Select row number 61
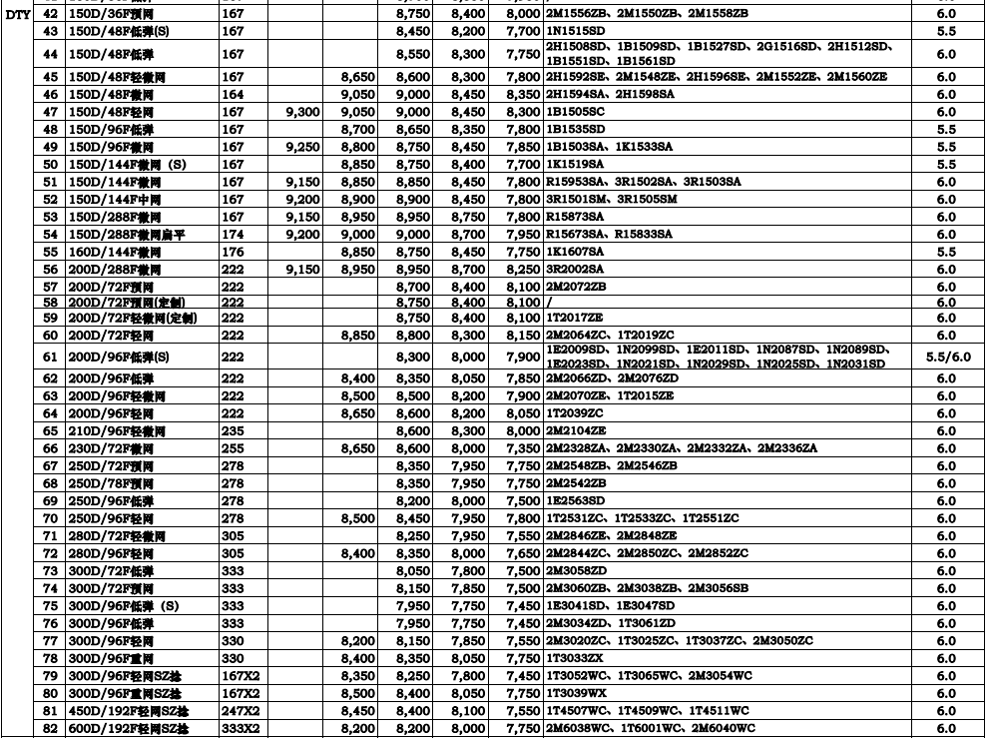pos(51,357)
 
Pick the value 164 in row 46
pos(233,94)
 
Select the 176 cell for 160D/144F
pos(233,252)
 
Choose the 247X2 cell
pos(240,712)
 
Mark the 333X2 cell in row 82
pos(240,730)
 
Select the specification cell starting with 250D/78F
pos(110,483)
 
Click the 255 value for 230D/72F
pos(233,448)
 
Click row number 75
pos(51,606)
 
